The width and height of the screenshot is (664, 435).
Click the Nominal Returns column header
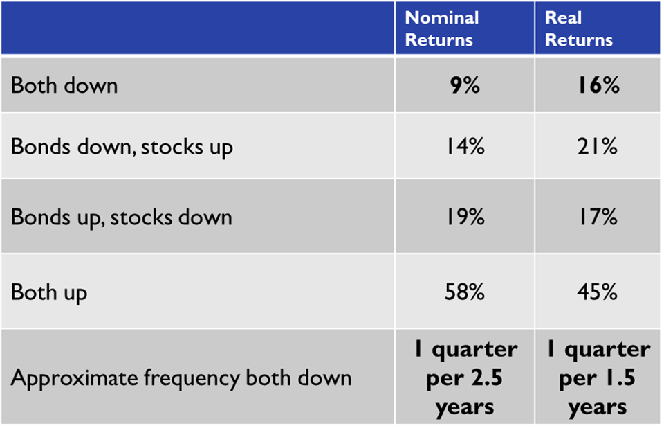[442, 29]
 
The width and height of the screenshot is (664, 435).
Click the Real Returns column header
[578, 29]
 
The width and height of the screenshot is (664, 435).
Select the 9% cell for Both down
[465, 85]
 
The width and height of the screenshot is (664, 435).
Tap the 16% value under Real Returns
[598, 85]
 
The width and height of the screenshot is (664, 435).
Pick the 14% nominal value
[465, 146]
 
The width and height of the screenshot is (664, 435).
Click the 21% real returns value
[598, 146]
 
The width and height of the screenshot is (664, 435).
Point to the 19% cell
[465, 217]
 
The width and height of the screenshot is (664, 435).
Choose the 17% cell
[598, 217]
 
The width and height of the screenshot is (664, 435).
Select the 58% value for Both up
[465, 292]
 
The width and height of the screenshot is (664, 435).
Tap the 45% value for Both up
[597, 292]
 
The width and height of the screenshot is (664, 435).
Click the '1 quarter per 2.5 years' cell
[465, 378]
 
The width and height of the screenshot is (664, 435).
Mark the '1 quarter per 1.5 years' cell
[598, 378]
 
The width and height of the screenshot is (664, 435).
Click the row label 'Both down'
[64, 85]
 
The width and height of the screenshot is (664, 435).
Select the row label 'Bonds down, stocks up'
[122, 147]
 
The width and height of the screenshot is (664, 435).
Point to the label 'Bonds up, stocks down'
[122, 217]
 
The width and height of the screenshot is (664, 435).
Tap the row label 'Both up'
[49, 292]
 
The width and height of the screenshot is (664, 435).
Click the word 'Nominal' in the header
[442, 18]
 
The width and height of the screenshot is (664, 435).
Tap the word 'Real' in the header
[563, 18]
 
